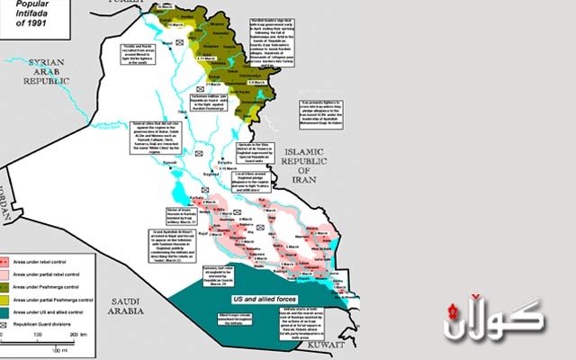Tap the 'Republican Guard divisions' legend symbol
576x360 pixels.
pos(5,319)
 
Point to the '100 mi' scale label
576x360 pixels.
pos(57,349)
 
